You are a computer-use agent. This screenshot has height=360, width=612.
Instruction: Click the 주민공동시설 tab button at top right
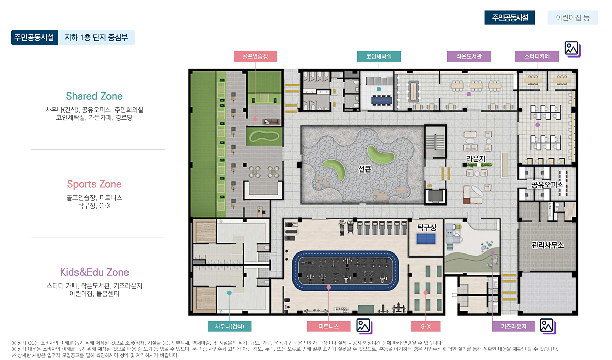click(x=510, y=18)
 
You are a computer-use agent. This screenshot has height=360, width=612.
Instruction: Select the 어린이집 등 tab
click(x=573, y=18)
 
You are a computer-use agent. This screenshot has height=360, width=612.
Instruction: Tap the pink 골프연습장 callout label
click(x=255, y=56)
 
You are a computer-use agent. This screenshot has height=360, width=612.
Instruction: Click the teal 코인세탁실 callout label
click(x=379, y=56)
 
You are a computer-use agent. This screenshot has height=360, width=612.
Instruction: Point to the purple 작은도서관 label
click(x=469, y=56)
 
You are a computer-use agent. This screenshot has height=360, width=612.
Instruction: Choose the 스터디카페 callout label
click(x=537, y=56)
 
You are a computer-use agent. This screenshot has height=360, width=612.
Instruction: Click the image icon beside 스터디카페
click(x=572, y=49)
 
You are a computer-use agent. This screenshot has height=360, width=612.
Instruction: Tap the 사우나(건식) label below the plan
click(x=230, y=326)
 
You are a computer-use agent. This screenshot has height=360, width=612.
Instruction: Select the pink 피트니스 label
click(x=329, y=326)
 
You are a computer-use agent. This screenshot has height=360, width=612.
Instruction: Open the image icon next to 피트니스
click(x=364, y=326)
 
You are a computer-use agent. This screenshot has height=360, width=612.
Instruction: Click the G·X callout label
click(x=426, y=326)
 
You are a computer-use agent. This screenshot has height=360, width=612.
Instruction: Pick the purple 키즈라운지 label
click(x=514, y=326)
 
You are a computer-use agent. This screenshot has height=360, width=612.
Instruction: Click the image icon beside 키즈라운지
click(x=547, y=326)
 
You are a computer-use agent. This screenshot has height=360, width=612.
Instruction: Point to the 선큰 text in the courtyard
click(x=365, y=169)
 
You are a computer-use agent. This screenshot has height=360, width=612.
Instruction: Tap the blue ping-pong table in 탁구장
click(x=426, y=239)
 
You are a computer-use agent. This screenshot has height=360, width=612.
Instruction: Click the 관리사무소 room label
click(x=548, y=245)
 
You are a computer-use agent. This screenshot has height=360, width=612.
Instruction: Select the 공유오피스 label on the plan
click(x=547, y=185)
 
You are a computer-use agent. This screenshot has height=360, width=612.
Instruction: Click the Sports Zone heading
click(x=94, y=184)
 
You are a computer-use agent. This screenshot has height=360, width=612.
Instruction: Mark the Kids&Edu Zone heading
click(x=95, y=272)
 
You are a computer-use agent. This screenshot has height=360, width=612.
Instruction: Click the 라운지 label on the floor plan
click(x=476, y=159)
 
